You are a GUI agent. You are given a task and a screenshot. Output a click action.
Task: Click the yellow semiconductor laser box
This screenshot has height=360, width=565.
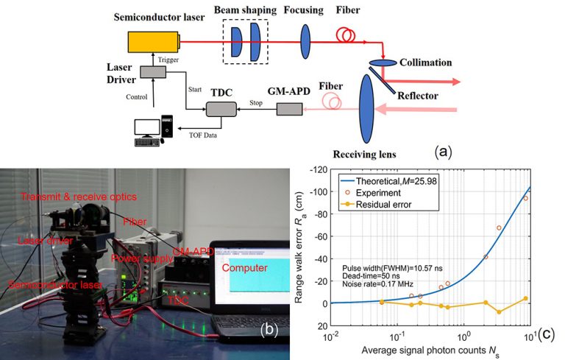(x=154, y=42)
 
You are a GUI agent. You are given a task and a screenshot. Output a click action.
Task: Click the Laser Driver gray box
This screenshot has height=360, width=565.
(x=154, y=71)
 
